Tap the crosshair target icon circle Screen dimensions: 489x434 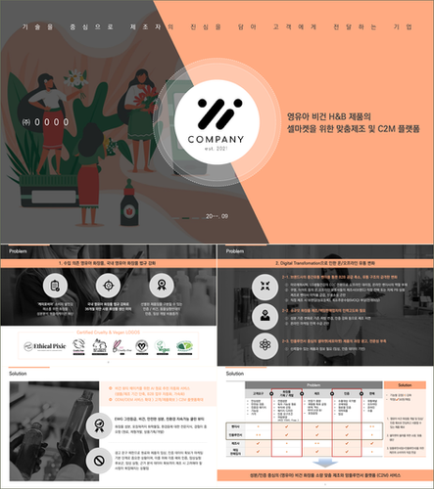(x=108, y=284)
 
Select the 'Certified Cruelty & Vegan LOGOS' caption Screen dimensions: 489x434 (x=108, y=333)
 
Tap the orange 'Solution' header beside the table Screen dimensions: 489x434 (x=401, y=384)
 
